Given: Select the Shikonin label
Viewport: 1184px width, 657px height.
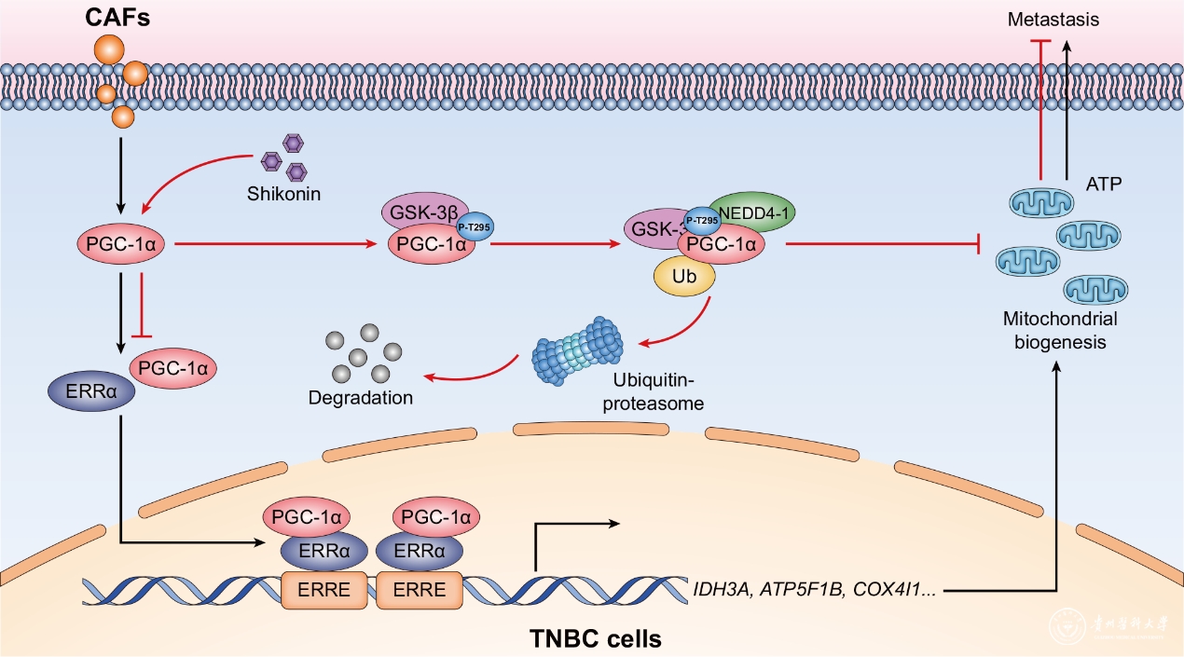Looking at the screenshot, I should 282,195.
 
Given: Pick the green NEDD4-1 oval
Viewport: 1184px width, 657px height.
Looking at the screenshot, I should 751,212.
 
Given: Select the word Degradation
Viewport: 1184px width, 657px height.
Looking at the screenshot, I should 361,398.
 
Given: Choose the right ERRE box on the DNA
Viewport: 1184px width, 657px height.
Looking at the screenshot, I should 419,589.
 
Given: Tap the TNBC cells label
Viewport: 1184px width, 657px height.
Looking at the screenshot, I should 596,639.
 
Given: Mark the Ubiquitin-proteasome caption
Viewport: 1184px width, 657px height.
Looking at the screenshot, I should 657,392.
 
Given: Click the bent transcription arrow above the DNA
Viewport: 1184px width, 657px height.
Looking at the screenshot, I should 569,541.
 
